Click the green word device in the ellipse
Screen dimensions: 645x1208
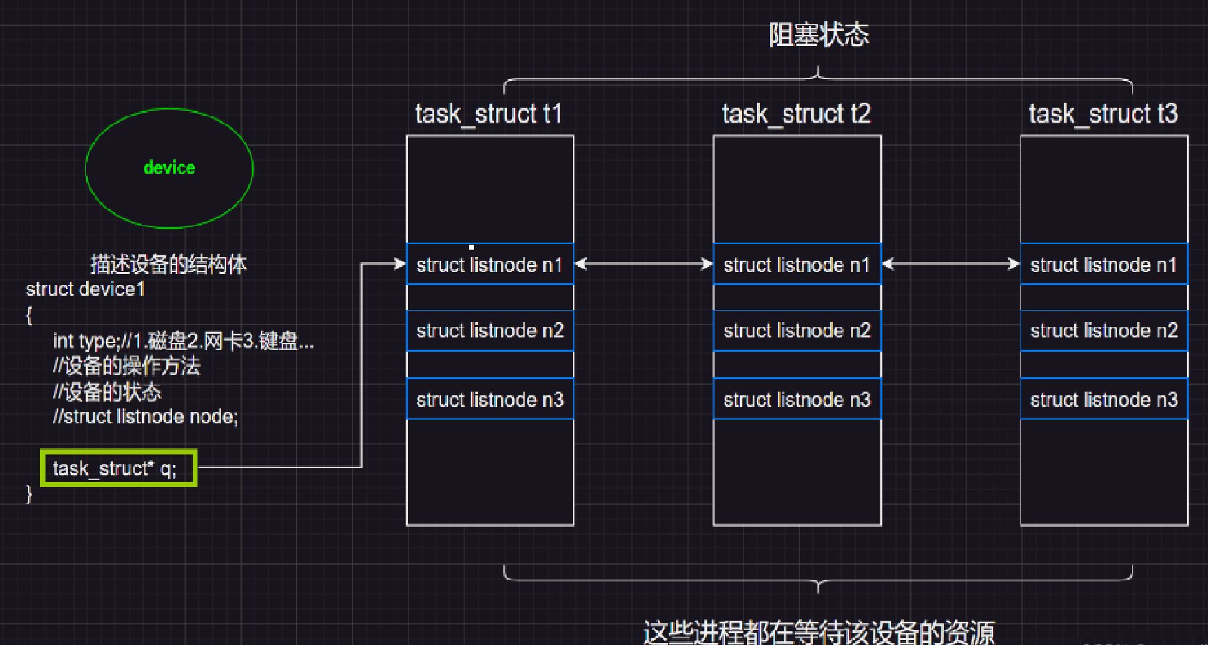169,167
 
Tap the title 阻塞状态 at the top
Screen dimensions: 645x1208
818,35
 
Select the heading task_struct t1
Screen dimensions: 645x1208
488,114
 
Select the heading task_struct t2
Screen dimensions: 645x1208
796,114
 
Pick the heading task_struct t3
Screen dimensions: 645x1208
1103,114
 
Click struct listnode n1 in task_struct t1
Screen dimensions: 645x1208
490,265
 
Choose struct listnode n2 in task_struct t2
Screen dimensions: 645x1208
797,331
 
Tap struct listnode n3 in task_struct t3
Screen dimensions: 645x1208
1104,399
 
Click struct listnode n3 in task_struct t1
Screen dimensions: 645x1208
490,399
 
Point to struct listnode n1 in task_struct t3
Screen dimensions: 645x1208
1104,265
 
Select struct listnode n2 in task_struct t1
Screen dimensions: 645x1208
490,331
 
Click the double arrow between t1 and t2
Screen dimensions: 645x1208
644,265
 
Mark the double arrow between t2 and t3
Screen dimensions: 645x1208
951,265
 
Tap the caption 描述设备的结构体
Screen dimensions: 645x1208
168,265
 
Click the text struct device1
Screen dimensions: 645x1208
85,290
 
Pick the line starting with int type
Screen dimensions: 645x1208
183,341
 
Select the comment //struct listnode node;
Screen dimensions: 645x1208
145,417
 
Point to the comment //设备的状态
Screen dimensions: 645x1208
107,392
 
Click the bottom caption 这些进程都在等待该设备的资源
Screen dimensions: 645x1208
818,631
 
